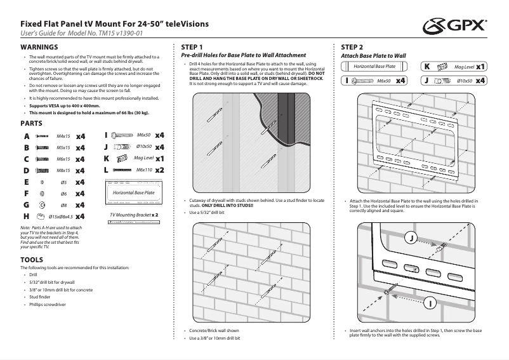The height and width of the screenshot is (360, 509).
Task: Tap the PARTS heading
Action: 31,122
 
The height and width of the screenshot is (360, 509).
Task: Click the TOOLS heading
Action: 32,260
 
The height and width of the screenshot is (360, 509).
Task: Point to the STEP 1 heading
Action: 192,48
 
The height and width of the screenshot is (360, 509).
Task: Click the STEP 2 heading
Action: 352,48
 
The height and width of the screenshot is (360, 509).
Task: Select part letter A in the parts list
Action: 26,136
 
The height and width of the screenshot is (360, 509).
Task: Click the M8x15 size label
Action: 63,170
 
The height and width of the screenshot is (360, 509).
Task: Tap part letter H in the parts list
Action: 26,217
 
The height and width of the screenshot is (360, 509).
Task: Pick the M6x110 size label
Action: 143,170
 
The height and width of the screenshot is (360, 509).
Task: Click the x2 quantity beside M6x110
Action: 160,170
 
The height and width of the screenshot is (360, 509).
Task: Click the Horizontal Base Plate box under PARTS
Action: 133,191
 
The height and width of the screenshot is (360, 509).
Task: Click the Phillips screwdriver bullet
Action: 48,304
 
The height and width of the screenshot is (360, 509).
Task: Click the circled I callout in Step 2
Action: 430,304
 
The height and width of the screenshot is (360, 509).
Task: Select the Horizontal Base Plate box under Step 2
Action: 374,66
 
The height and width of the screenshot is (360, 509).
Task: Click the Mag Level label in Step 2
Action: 465,66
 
